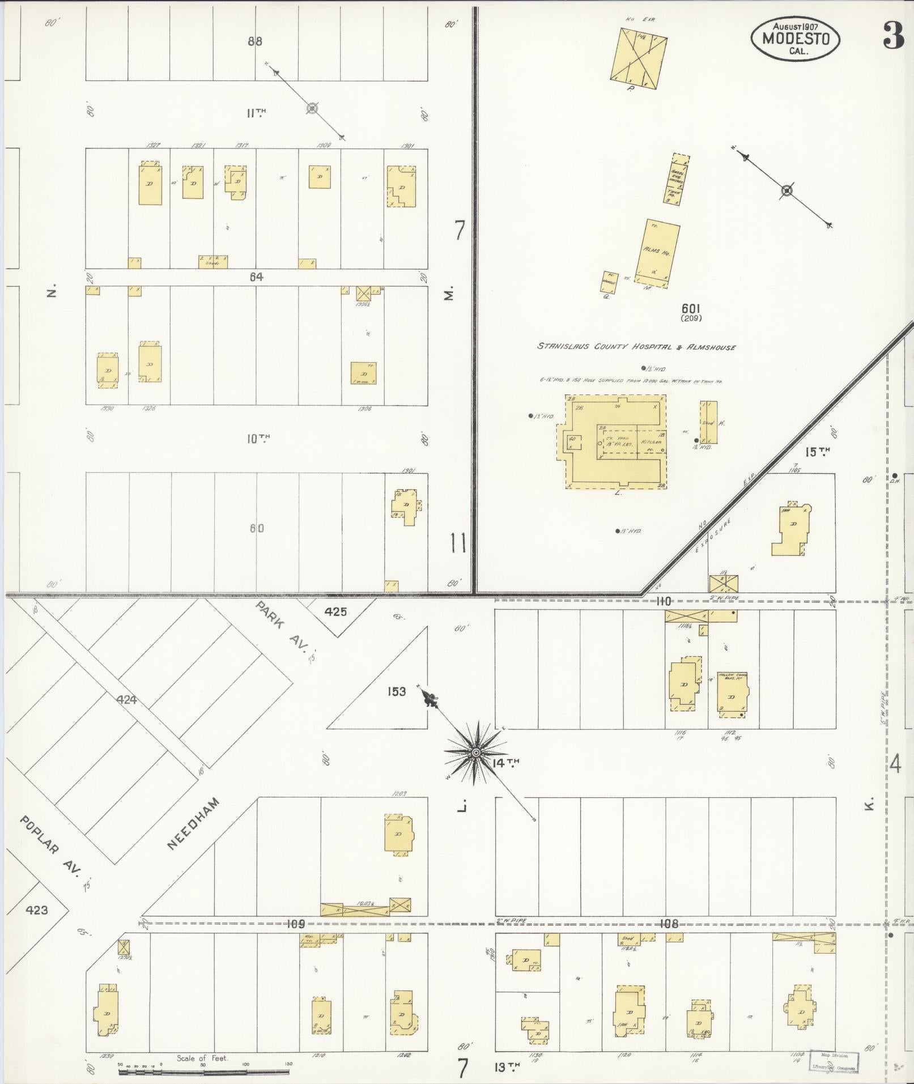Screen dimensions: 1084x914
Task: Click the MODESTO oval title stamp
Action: (796, 39)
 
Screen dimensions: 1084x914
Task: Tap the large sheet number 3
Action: (893, 37)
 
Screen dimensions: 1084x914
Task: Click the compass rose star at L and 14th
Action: (476, 752)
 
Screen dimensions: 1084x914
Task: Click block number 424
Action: (127, 700)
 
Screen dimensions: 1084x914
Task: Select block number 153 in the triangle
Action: (397, 691)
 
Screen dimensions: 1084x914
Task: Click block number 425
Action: (336, 612)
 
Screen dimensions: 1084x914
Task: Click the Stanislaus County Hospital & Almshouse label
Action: (636, 347)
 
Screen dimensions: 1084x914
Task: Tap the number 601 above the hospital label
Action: (691, 308)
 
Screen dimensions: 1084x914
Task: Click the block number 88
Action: (255, 41)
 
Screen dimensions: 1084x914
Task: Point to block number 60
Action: (257, 528)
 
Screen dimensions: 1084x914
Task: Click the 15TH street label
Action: (817, 452)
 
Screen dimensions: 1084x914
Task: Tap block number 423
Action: (37, 911)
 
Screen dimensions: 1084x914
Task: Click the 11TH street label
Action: (256, 113)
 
